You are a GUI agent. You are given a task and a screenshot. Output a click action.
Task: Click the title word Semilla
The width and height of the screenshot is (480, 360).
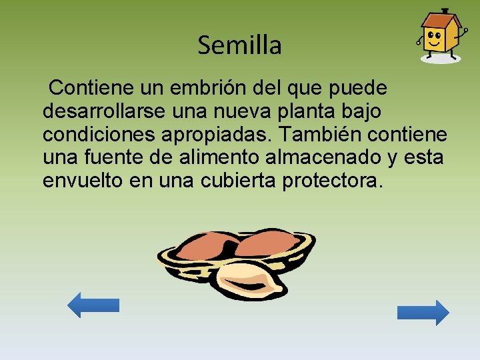239,45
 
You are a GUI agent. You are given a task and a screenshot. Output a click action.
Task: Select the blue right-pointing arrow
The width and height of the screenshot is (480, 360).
423,312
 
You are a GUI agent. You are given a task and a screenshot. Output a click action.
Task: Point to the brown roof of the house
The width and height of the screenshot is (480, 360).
441,19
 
